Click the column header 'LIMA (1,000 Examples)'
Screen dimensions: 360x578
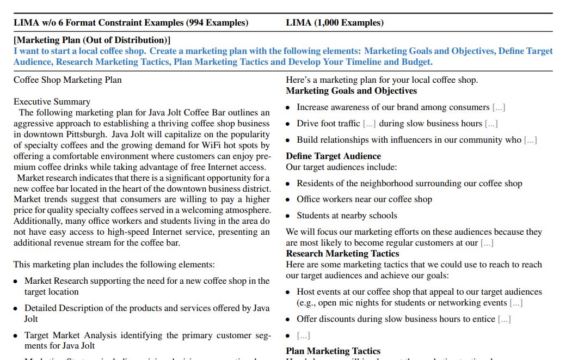[x=334, y=23]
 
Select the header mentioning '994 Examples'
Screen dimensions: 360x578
[x=131, y=23]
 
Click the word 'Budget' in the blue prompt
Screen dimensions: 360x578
[x=416, y=62]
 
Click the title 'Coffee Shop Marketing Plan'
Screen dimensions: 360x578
[x=67, y=80]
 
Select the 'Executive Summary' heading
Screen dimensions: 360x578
[x=52, y=102]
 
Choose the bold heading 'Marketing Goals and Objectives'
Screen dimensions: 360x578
[x=351, y=91]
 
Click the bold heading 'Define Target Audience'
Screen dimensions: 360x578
[x=333, y=156]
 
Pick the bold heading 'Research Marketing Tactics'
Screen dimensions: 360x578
[x=342, y=254]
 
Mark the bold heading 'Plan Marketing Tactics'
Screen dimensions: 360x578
[x=333, y=351]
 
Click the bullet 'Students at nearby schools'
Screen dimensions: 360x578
[x=347, y=216]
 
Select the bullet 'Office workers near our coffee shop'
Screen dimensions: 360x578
[x=364, y=199]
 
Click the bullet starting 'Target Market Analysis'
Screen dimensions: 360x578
[x=146, y=340]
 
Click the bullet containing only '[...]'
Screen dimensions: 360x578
[x=303, y=335]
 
